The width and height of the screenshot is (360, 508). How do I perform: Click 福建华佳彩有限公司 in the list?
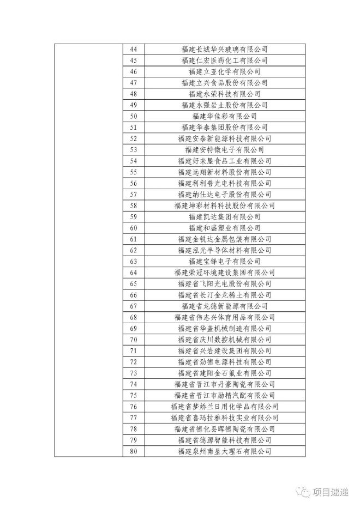pyautogui.click(x=224, y=116)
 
